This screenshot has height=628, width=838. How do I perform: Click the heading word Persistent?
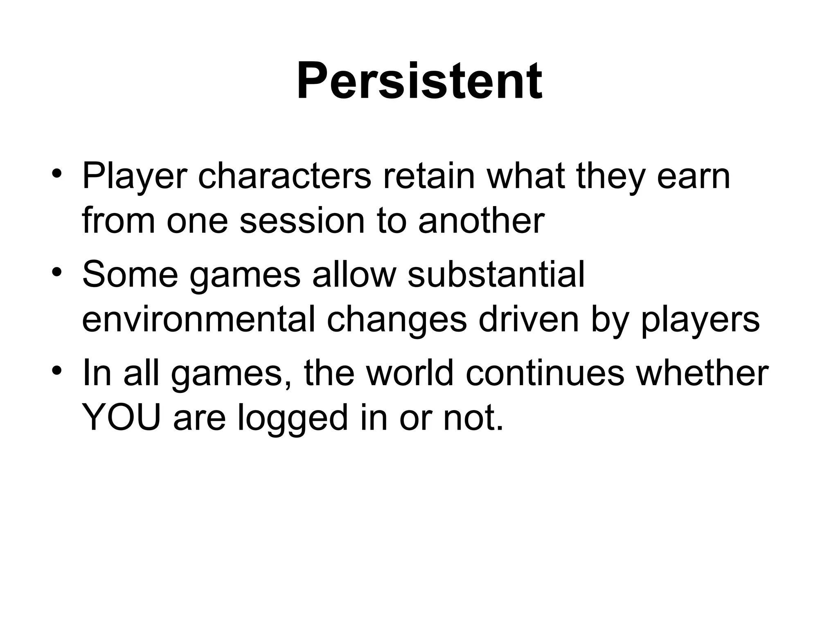point(419,81)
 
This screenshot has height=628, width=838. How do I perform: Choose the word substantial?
point(496,275)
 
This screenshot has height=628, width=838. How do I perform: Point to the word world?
point(410,373)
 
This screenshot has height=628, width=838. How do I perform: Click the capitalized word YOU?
point(121,418)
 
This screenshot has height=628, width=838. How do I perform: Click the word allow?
point(354,275)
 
